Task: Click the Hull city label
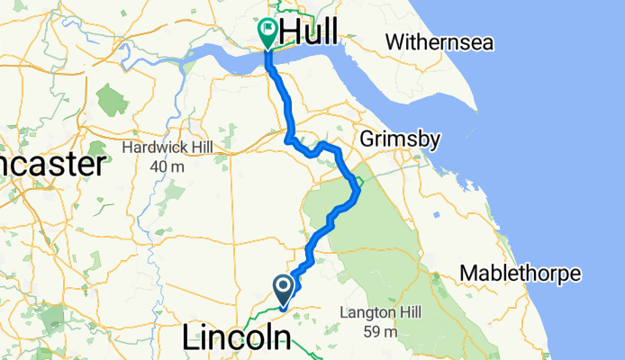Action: [x=310, y=31]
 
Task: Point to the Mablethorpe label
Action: [x=521, y=273]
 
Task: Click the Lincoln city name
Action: [x=238, y=338]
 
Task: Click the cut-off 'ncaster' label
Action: [x=51, y=165]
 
